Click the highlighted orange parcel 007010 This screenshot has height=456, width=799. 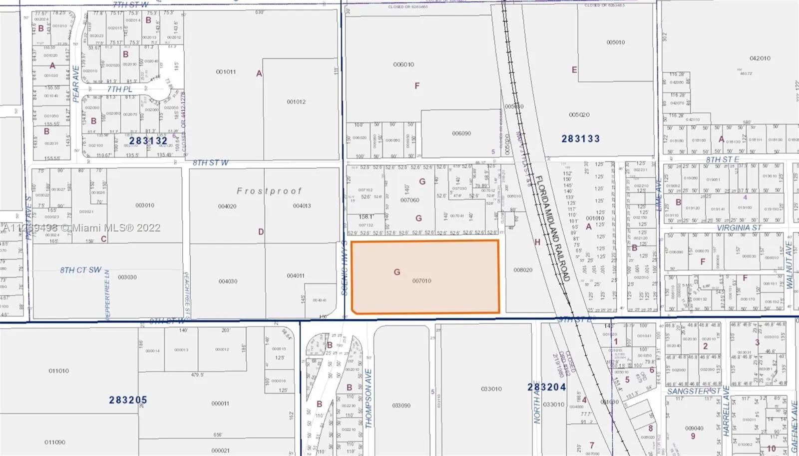click(425, 277)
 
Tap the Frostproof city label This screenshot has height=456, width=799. click(269, 191)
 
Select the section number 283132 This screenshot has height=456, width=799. click(148, 140)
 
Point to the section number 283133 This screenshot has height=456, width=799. click(580, 138)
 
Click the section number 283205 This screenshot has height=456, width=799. click(128, 400)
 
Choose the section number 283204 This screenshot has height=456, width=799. click(547, 387)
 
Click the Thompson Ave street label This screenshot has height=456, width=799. click(369, 398)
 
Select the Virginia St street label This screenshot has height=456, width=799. click(739, 228)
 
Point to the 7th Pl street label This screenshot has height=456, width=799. click(119, 89)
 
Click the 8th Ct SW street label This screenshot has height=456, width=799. click(81, 270)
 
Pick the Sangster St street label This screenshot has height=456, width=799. click(694, 391)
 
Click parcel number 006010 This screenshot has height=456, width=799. click(403, 64)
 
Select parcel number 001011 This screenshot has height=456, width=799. click(226, 72)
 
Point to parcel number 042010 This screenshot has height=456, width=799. click(760, 58)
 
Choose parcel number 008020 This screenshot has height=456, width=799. click(523, 270)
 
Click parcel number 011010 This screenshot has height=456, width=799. click(59, 371)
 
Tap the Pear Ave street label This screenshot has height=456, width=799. click(76, 84)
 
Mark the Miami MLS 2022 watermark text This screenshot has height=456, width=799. click(82, 228)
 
